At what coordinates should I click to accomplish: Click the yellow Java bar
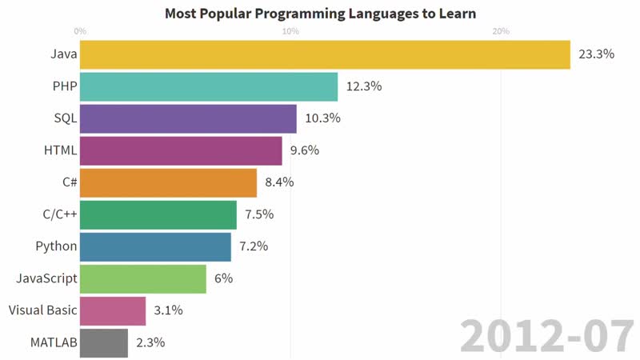tap(324, 55)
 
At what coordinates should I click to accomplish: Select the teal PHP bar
tap(208, 86)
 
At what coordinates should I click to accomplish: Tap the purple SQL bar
tap(188, 118)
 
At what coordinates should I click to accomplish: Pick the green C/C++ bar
tap(158, 214)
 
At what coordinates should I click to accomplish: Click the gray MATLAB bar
tap(103, 342)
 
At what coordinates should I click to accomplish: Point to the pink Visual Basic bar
tap(112, 310)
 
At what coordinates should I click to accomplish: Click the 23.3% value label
tap(595, 55)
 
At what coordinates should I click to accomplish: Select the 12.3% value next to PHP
tap(362, 86)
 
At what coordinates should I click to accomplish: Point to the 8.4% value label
tap(279, 182)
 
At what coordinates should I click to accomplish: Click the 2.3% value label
tap(150, 342)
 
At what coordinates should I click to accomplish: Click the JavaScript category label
tap(46, 278)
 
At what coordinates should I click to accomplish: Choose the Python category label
tap(56, 246)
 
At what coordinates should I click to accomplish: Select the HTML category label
tap(60, 150)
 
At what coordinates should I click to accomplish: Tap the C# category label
tap(70, 182)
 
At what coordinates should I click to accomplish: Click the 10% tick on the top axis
tap(290, 31)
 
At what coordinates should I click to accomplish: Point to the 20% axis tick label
tap(501, 31)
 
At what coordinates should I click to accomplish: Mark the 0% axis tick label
tap(80, 31)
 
